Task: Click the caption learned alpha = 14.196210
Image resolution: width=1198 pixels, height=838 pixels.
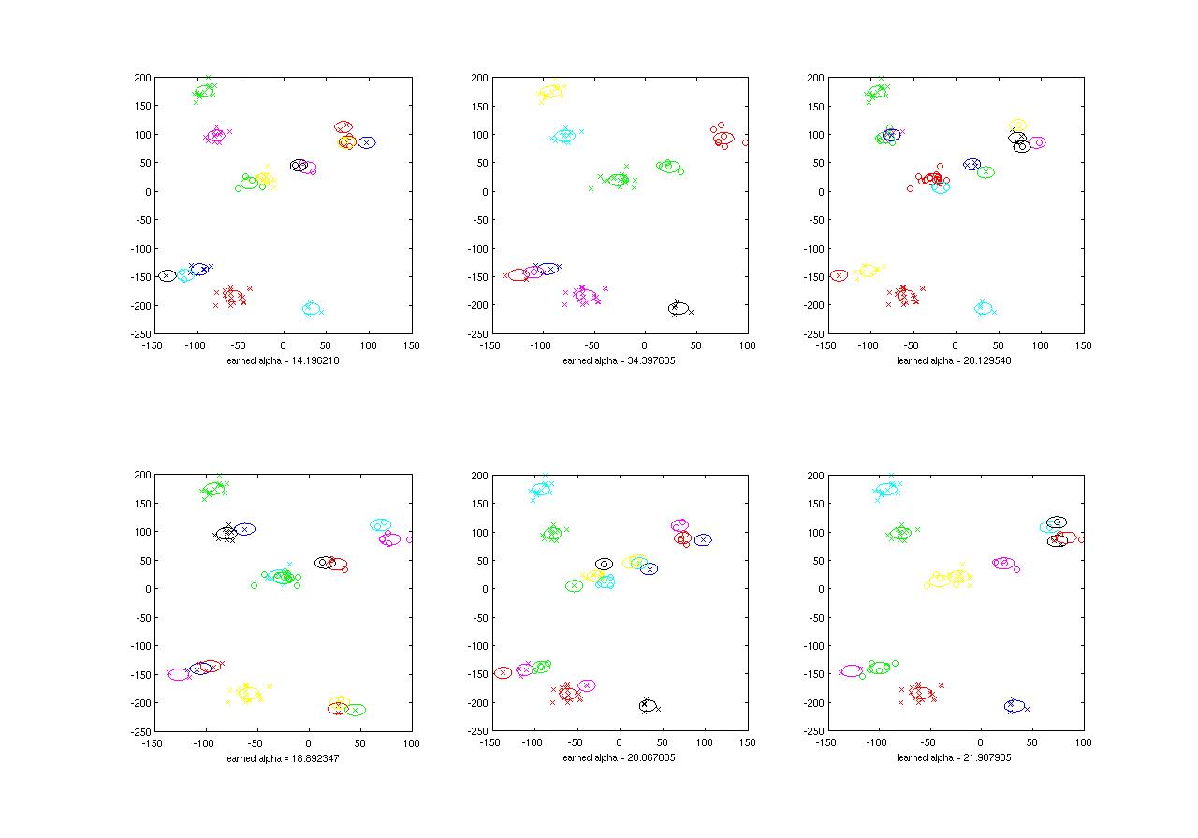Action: pyautogui.click(x=282, y=360)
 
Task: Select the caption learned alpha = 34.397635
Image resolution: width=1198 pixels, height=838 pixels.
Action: pyautogui.click(x=618, y=360)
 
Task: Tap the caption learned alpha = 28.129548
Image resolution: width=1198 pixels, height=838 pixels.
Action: pyautogui.click(x=954, y=360)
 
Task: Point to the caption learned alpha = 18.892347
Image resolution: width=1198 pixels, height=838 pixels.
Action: pyautogui.click(x=282, y=757)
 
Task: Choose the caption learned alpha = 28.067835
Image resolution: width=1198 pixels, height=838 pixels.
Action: pyautogui.click(x=618, y=757)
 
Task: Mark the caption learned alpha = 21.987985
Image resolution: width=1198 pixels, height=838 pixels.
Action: pyautogui.click(x=954, y=757)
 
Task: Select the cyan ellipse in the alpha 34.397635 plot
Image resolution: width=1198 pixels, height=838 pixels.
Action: pyautogui.click(x=563, y=136)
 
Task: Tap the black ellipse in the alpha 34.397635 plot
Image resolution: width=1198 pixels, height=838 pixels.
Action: pyautogui.click(x=679, y=308)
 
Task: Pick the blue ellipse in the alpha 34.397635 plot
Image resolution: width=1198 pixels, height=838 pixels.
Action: pyautogui.click(x=548, y=269)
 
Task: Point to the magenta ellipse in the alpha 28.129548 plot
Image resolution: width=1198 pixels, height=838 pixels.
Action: pyautogui.click(x=1037, y=142)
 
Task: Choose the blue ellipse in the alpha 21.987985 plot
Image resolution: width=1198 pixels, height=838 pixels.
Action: pyautogui.click(x=1015, y=706)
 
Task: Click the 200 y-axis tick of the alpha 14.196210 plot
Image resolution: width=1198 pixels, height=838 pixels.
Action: pyautogui.click(x=139, y=79)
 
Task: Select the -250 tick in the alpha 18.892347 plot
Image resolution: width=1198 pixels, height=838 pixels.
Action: pyautogui.click(x=139, y=731)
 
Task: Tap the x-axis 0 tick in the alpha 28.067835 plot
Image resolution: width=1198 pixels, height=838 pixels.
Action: pyautogui.click(x=619, y=742)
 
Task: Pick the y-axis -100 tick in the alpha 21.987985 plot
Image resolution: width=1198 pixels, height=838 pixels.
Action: pyautogui.click(x=812, y=646)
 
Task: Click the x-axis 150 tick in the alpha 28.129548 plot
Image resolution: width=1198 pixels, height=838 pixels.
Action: pyautogui.click(x=1083, y=345)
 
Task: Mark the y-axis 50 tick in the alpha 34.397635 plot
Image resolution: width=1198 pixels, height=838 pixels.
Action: pyautogui.click(x=477, y=164)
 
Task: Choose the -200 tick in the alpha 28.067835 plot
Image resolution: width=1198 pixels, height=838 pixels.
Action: pyautogui.click(x=475, y=703)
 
